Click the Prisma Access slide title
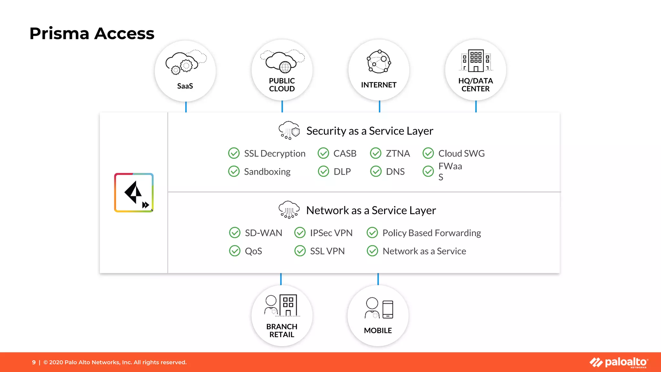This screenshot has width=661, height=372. coord(92,33)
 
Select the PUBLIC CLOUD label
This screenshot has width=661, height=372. coord(282,85)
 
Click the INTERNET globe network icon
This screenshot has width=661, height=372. coord(379,61)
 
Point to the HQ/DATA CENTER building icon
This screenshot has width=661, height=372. coord(476,61)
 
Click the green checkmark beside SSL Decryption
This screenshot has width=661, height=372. coord(234,153)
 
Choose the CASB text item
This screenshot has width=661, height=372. coord(345,153)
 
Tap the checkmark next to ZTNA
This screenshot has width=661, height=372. coord(376,153)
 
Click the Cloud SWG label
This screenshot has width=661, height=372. coord(461,153)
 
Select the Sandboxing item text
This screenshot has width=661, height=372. coord(267,171)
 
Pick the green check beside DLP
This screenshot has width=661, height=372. coord(323,171)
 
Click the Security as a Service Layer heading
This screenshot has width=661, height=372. coord(370,131)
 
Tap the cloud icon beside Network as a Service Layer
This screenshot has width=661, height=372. coord(289,210)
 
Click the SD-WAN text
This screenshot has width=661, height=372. coord(263,233)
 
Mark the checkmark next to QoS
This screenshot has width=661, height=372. coord(235,251)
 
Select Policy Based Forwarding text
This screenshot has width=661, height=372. coord(432,233)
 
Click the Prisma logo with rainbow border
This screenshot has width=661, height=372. coord(134,193)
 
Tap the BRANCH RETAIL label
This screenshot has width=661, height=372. coord(282,330)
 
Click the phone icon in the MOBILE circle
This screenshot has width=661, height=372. coord(388,309)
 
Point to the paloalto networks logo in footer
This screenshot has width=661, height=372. coord(619,362)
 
